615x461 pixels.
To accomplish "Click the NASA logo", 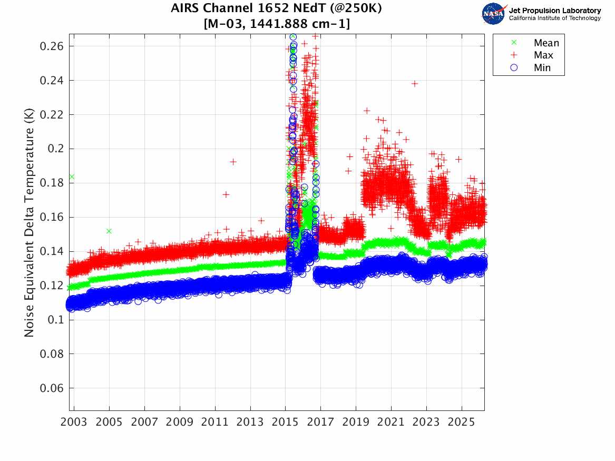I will coord(494,13).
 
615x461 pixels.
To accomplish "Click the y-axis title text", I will coord(30,222).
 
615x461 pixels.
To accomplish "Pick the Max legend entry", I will coord(543,55).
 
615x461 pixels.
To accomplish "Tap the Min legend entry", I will coord(542,67).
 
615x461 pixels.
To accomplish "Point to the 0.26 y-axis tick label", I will coord(51,46).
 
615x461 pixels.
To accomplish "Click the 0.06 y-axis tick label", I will coord(51,388).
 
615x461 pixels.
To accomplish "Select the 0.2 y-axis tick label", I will coord(55,149).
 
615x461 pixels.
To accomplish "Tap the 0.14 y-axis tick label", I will coord(51,251).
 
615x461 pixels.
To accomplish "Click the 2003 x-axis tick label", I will coord(74,423).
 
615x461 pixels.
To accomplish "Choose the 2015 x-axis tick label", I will coord(285,423).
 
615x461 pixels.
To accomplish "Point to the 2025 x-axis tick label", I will coord(461,423).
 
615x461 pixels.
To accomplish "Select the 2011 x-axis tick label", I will coord(215,423).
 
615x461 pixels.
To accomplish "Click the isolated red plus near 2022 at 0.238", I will coord(415,84).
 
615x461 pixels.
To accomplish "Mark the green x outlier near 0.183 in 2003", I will coord(72,177).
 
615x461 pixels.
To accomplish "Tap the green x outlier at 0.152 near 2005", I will coord(109,231).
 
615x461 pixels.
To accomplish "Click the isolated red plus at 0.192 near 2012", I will coord(233,162).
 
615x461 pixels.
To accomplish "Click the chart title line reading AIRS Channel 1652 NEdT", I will coord(277,8).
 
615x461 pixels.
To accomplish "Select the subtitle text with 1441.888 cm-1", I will coord(277,24).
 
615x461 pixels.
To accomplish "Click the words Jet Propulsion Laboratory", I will coord(554,11).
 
